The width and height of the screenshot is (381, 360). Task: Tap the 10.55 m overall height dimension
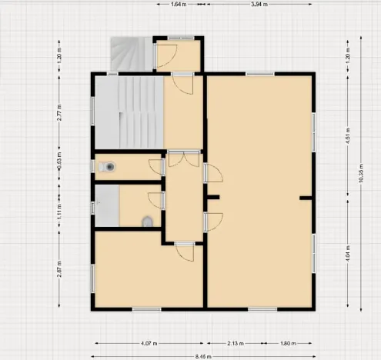coord(361,174)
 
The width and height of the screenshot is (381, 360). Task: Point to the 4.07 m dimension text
coord(149,343)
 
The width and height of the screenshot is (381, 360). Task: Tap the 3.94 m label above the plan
coord(259,4)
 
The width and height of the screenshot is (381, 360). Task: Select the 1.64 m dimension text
coord(179,4)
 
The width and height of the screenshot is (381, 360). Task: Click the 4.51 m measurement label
coord(348,135)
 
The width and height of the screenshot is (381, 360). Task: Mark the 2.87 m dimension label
coord(59,270)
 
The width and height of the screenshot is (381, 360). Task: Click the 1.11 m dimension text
coord(59,206)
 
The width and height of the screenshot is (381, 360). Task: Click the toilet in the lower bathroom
coord(147,222)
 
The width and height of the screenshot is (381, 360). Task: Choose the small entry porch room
coord(179,55)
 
